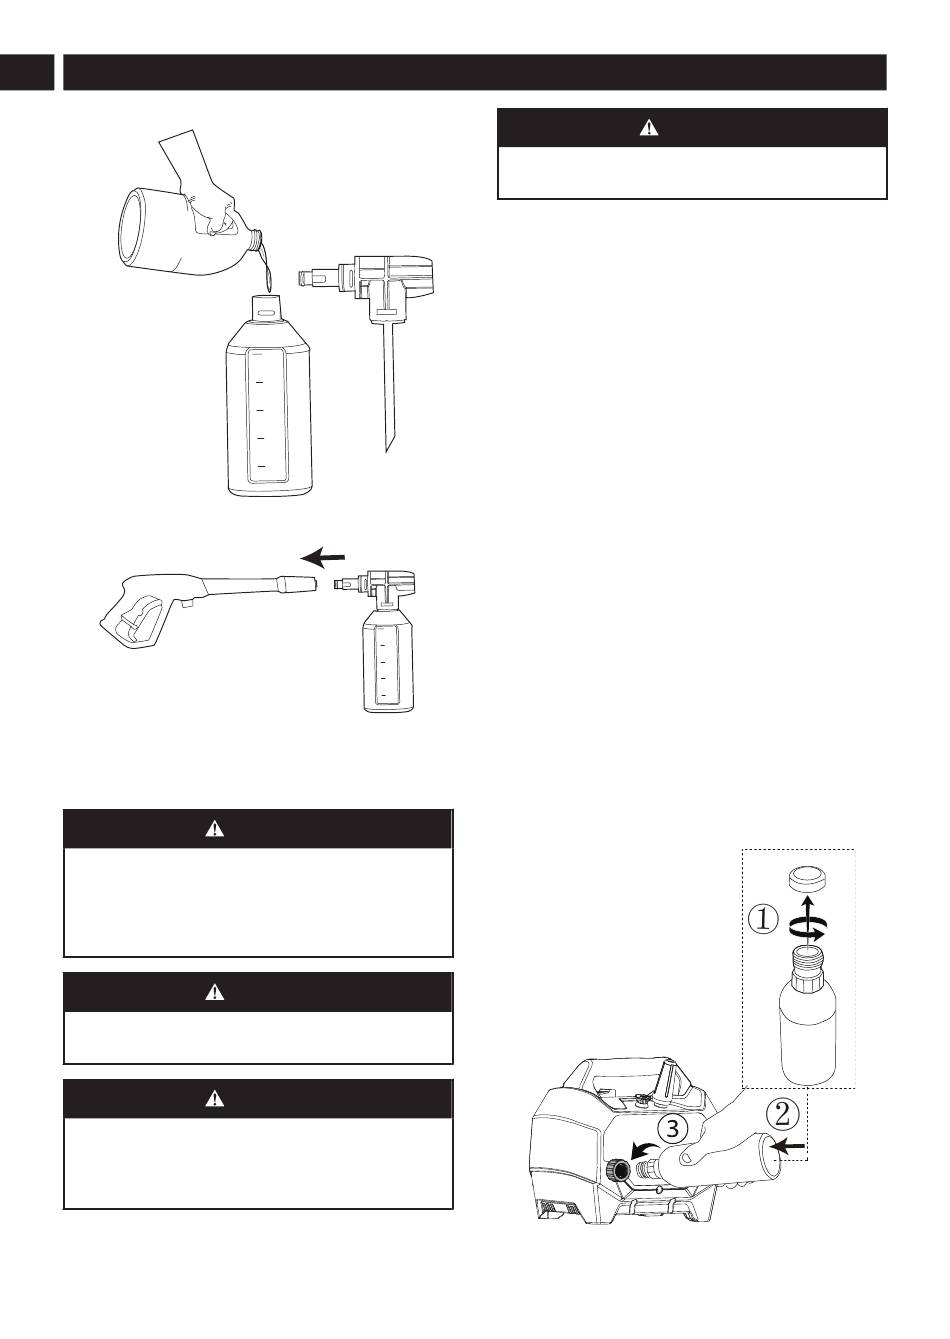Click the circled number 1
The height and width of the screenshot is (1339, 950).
763,919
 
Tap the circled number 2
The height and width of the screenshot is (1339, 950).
784,1113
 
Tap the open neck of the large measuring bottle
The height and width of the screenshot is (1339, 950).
268,304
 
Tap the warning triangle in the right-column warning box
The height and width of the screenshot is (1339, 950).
650,128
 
